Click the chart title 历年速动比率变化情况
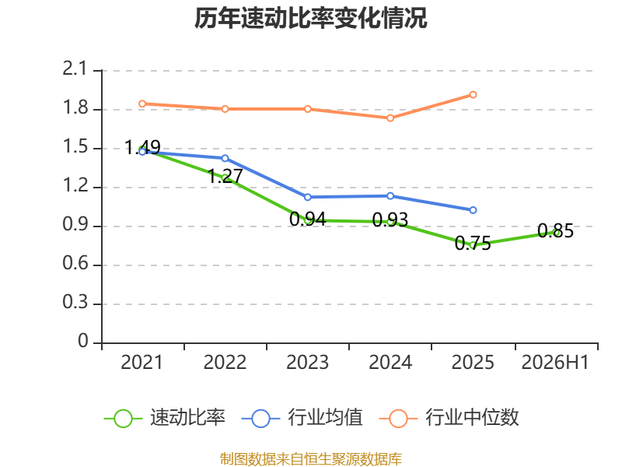point(310,18)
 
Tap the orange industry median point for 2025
point(473,94)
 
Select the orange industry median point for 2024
point(390,118)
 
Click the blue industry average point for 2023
point(307,197)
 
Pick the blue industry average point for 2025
point(473,209)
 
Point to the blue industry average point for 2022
point(225,158)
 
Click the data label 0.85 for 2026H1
point(555,230)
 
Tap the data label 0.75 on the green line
point(473,243)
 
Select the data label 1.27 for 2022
point(225,176)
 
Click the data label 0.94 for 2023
point(307,219)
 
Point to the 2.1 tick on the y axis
point(75,69)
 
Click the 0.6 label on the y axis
point(75,263)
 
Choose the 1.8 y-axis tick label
point(75,107)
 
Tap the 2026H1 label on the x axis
point(555,363)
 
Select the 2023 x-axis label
point(307,363)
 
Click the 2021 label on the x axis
point(142,363)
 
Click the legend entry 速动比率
point(165,418)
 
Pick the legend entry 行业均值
point(302,418)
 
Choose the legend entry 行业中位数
point(449,418)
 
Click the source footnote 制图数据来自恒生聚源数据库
point(310,458)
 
